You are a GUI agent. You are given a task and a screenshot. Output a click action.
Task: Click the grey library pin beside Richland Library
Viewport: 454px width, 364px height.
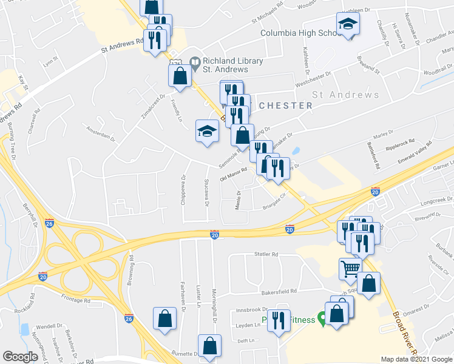[195, 61]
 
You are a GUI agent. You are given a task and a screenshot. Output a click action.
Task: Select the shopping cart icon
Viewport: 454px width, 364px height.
[350, 268]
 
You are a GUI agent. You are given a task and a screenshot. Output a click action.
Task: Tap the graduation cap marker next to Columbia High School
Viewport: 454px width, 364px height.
[348, 24]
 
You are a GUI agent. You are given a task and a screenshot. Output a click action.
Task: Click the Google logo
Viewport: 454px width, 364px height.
[20, 356]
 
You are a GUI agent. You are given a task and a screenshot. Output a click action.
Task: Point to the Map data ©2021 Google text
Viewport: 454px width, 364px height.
[417, 359]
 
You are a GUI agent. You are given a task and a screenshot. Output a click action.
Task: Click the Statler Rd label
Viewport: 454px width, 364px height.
[266, 254]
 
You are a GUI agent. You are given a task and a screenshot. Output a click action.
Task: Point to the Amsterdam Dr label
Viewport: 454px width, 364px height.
[101, 136]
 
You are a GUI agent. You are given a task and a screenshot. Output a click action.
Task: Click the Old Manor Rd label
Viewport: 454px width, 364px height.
[233, 175]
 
